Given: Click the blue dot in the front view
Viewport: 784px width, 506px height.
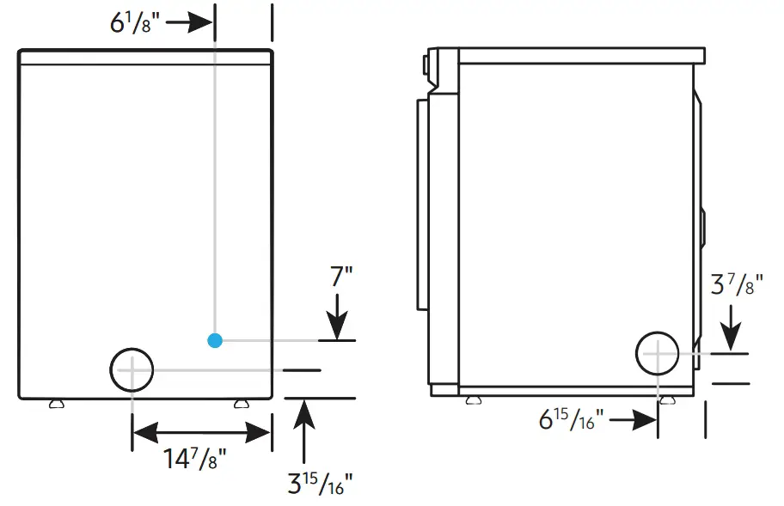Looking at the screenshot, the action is point(215,341).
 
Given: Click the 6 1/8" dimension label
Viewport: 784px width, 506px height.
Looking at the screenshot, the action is point(134,22).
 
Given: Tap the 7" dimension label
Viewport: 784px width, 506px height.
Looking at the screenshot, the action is point(341,277).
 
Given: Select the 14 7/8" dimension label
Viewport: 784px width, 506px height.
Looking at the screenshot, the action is point(195,459).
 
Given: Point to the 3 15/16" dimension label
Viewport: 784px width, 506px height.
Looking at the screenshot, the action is point(321,483).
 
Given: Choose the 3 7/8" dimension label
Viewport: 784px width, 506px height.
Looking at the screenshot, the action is point(737,284).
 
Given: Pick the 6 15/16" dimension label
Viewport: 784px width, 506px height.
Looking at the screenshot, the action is point(571,419).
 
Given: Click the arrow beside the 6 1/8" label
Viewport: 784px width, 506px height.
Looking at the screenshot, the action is point(189,22).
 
